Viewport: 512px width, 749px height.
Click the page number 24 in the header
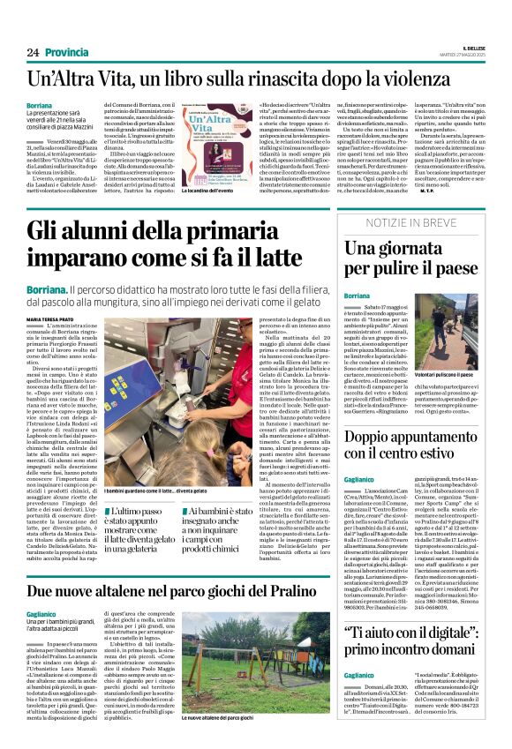tap(33, 52)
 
